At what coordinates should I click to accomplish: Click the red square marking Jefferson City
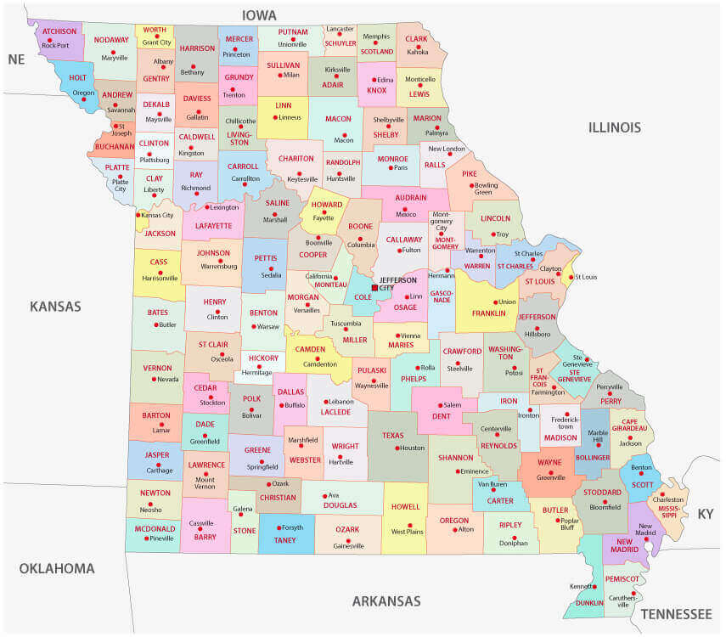(x=374, y=288)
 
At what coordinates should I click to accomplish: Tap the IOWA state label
(x=260, y=15)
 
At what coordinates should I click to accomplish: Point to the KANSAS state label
(x=55, y=307)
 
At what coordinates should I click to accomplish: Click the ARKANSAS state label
(x=386, y=601)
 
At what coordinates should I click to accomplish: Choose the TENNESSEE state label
(x=676, y=614)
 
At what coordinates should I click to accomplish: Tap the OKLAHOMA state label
(x=57, y=568)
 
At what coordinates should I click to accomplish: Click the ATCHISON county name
(x=59, y=31)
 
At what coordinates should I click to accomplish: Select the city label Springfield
(x=262, y=467)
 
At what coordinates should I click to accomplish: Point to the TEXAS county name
(x=393, y=436)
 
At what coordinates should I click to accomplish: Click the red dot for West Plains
(x=409, y=524)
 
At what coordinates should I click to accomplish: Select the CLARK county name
(x=416, y=39)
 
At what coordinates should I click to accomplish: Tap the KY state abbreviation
(x=705, y=514)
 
